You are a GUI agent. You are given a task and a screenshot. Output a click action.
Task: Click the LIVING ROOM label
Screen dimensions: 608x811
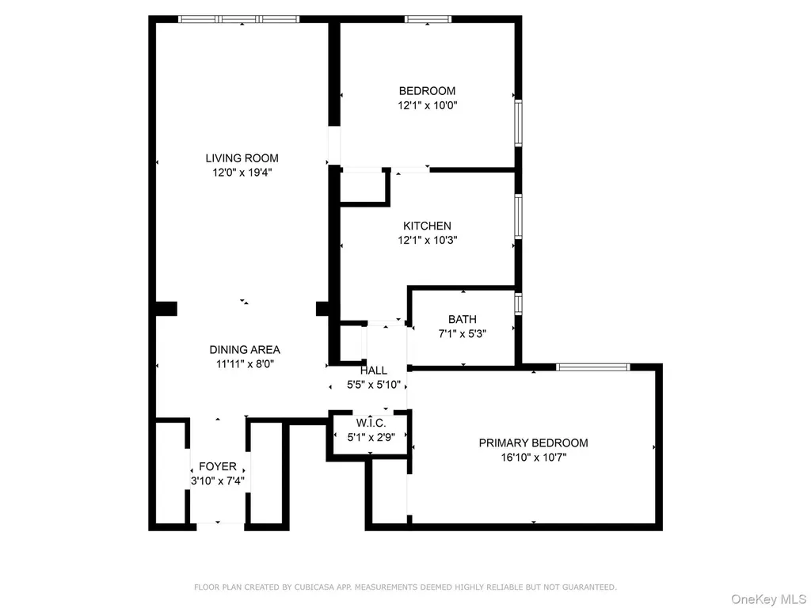pos(242,158)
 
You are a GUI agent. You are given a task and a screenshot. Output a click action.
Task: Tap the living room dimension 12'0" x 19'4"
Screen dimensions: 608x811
pos(242,172)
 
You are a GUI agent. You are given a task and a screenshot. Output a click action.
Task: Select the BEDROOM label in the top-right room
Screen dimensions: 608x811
pos(427,91)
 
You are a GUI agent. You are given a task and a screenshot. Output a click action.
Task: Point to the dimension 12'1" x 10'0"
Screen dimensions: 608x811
pos(427,104)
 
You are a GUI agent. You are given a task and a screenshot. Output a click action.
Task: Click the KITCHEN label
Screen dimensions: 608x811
pos(427,226)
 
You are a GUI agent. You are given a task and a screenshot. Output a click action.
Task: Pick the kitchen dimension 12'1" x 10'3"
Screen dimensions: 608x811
pos(427,240)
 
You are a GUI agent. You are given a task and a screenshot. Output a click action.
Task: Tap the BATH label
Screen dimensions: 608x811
pos(462,320)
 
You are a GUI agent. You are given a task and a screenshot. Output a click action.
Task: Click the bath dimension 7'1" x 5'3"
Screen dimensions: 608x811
pos(462,333)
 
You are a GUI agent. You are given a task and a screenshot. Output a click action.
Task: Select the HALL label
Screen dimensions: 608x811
pos(374,370)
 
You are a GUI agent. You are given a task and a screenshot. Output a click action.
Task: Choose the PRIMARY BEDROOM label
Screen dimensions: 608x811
pos(533,443)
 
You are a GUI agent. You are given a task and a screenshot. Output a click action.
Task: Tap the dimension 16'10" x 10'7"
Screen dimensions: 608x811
pos(533,457)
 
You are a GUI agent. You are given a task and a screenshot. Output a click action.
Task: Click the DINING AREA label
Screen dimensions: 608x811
pos(245,350)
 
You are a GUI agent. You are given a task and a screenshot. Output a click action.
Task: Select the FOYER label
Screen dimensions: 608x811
pos(217,467)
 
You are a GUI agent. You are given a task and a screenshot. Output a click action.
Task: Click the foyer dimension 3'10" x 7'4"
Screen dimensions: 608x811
pos(217,481)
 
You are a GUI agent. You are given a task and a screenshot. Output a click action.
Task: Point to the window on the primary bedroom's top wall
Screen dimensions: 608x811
pos(593,367)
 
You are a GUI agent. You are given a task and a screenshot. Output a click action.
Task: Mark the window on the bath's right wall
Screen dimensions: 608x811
pos(519,304)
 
